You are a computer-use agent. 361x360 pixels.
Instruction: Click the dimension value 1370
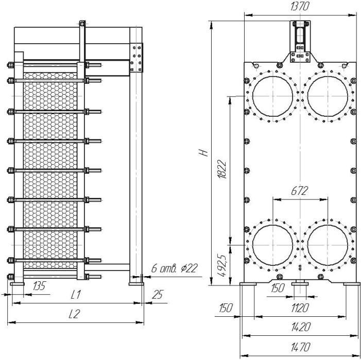[299, 6]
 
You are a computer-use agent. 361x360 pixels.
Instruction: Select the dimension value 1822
[222, 169]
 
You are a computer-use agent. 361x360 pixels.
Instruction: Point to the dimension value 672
[299, 191]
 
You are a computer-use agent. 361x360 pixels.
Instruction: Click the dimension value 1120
[300, 308]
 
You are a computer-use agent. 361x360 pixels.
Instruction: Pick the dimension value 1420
[301, 327]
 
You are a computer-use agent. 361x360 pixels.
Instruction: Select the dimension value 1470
[301, 347]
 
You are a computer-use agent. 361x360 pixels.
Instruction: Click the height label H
[203, 153]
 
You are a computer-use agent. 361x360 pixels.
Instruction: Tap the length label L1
[76, 295]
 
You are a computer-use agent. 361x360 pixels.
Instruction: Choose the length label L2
[74, 314]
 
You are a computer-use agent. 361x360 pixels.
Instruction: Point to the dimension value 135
[39, 286]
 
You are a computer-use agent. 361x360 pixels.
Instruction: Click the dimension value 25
[158, 295]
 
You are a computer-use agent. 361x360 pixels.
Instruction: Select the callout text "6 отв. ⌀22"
[175, 268]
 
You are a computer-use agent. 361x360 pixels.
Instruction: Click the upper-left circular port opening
[272, 76]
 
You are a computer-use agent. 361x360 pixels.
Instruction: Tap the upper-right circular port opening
[328, 76]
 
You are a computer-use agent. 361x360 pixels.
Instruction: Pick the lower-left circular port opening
[272, 225]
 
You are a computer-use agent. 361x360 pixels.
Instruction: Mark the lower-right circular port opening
[328, 225]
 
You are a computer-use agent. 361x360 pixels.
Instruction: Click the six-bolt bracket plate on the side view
[136, 58]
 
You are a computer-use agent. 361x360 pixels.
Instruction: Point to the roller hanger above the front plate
[300, 41]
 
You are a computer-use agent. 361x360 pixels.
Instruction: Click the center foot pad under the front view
[300, 284]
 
